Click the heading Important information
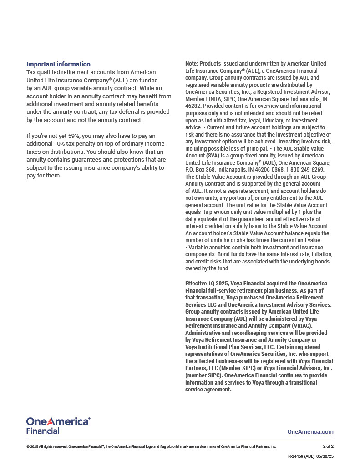coord(58,64)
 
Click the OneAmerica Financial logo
coord(58,425)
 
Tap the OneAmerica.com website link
coord(310,431)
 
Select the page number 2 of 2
coord(328,446)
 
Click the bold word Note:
coord(192,64)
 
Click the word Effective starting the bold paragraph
coord(197,283)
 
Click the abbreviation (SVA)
coord(214,156)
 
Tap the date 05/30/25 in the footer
coord(325,456)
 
